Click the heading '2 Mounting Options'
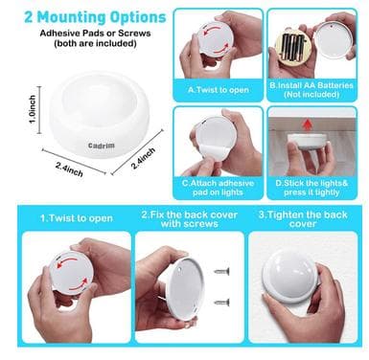click(95, 17)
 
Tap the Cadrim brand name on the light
click(102, 146)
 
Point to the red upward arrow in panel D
click(308, 124)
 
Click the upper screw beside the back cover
click(221, 272)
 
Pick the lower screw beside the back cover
click(221, 302)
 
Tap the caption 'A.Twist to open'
click(219, 90)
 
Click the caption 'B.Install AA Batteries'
click(311, 85)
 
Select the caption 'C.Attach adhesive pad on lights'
click(218, 188)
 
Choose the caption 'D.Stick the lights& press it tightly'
click(311, 188)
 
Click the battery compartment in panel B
click(291, 48)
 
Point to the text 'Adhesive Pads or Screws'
click(95, 33)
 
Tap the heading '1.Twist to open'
click(77, 218)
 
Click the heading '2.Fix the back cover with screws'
click(190, 219)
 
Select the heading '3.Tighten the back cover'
click(303, 219)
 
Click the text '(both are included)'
click(95, 43)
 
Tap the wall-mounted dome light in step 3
click(290, 277)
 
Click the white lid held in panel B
click(334, 40)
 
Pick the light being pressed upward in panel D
click(307, 142)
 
